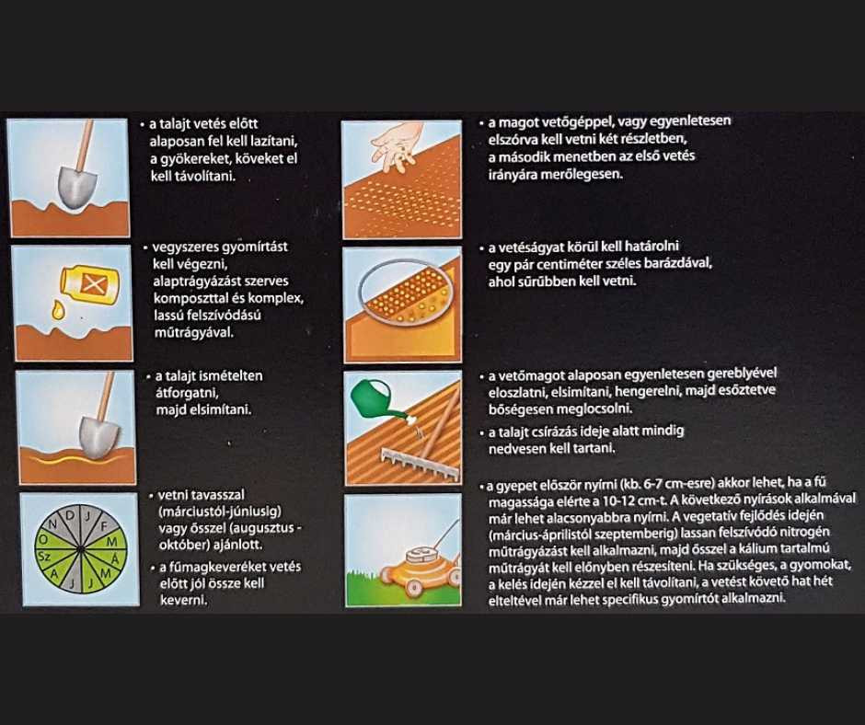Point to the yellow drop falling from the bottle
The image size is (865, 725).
tap(57, 310)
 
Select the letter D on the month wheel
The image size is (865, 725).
tap(70, 515)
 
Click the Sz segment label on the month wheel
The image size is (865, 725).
tap(46, 557)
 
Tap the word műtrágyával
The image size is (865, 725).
tap(193, 333)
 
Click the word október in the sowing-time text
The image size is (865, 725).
tap(182, 545)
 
